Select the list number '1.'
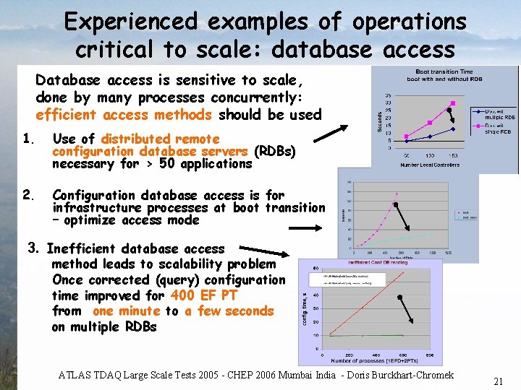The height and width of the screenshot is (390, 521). tap(29, 139)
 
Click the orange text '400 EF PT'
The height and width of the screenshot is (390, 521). tap(204, 295)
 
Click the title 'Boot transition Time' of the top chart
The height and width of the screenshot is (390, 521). tap(445, 71)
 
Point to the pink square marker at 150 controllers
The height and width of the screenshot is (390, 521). tap(454, 113)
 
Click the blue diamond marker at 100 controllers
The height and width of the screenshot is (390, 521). tap(430, 136)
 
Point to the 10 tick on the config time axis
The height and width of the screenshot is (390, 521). tap(315, 334)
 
